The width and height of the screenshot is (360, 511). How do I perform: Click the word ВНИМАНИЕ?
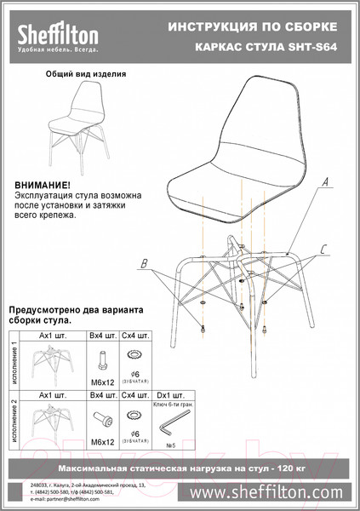coord(43,184)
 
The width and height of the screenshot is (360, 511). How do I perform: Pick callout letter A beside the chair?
coord(327,181)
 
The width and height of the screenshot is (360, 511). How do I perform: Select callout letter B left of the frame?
coord(145,262)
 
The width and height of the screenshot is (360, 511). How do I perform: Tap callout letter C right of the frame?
coord(324,249)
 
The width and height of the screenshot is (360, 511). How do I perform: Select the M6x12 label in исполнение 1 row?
coord(102,381)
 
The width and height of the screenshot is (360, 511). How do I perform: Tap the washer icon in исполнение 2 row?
coord(132,416)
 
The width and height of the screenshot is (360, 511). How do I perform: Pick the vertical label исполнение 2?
coord(13,420)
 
